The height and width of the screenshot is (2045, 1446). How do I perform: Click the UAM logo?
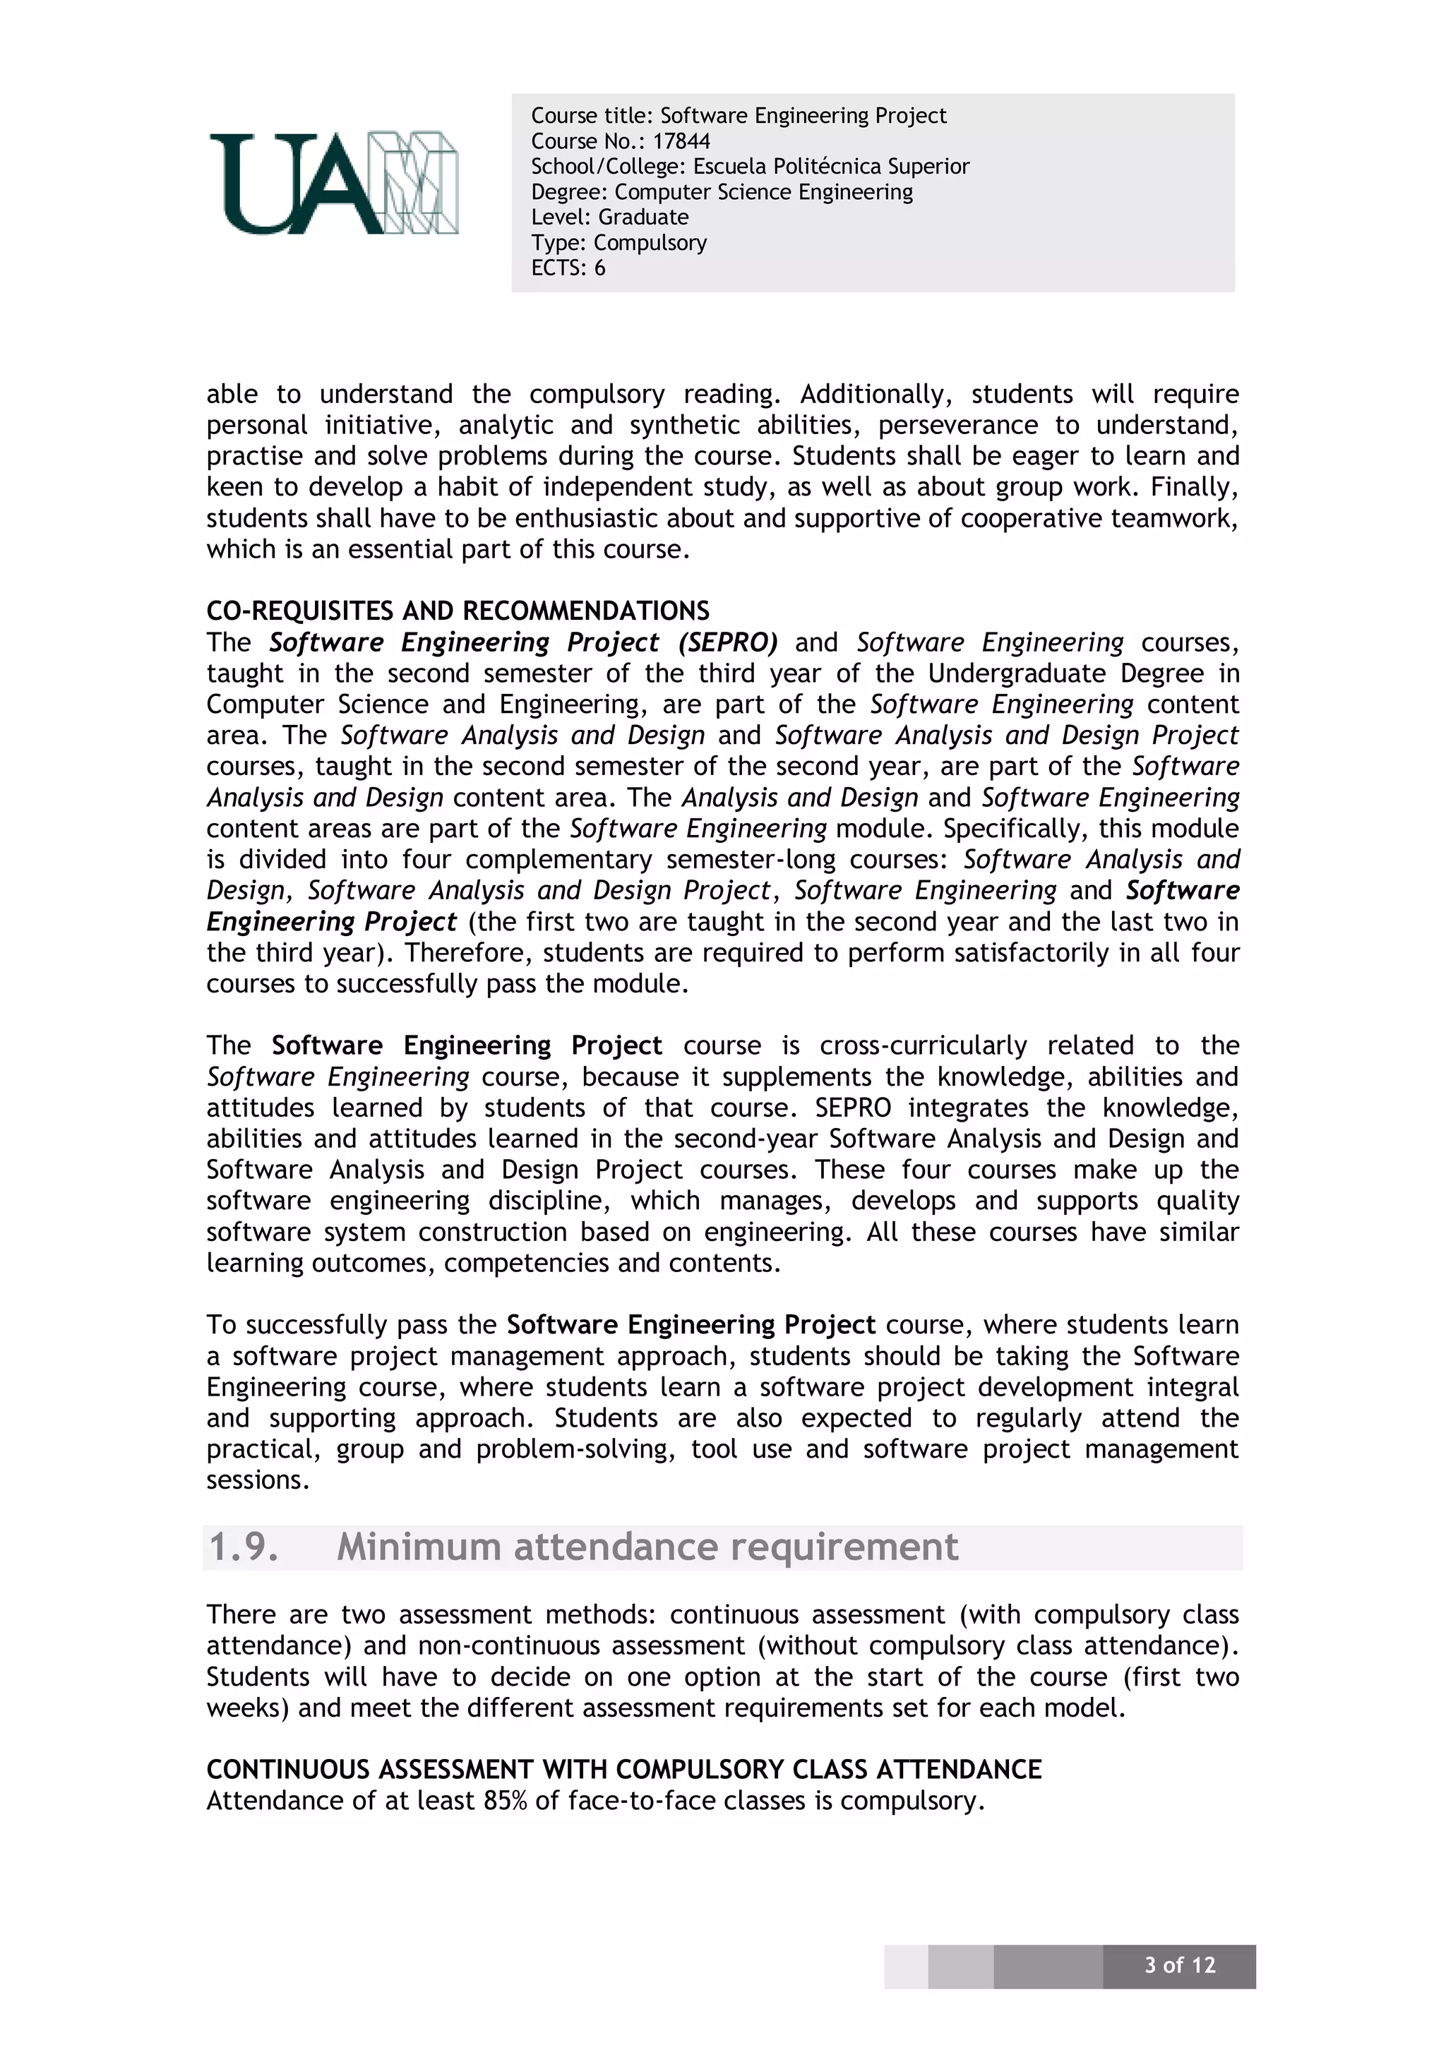pyautogui.click(x=333, y=184)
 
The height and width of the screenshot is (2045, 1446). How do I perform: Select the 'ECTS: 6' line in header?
pyautogui.click(x=568, y=268)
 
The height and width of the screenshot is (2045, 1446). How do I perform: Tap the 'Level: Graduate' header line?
pyautogui.click(x=609, y=217)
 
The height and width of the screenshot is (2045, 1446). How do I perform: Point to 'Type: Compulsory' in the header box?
pyautogui.click(x=619, y=242)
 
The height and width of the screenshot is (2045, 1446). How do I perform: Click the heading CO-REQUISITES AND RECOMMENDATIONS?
pyautogui.click(x=458, y=611)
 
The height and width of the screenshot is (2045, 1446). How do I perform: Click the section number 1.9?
pyautogui.click(x=243, y=1547)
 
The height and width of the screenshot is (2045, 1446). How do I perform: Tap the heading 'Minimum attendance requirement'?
pyautogui.click(x=647, y=1547)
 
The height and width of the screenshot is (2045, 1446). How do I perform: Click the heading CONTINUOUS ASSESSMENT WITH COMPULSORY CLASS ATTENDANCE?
pyautogui.click(x=623, y=1769)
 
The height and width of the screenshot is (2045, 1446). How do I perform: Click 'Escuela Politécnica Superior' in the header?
pyautogui.click(x=830, y=167)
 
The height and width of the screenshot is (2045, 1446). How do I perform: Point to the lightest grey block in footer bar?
pyautogui.click(x=905, y=1966)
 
